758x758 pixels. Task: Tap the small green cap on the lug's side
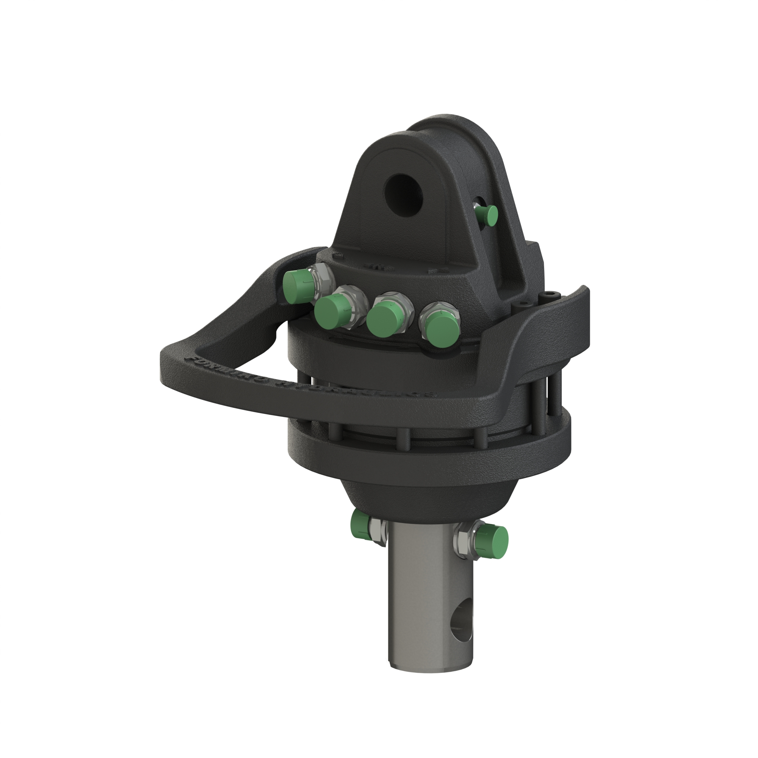487,215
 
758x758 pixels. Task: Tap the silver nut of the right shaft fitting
465,539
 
